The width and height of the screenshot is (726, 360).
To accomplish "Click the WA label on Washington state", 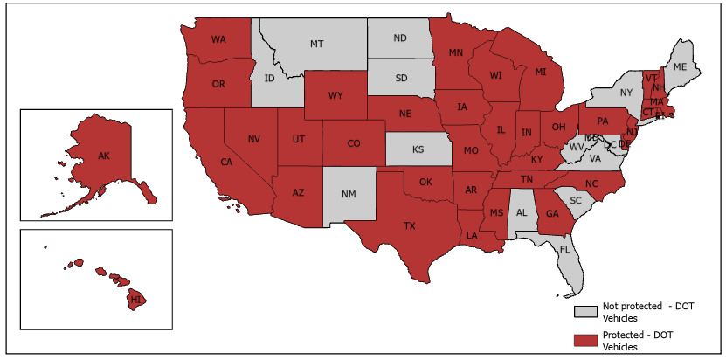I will click(x=218, y=39).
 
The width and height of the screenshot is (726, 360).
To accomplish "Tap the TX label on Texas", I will click(x=409, y=225).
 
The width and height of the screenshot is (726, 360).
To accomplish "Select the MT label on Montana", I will click(x=316, y=43).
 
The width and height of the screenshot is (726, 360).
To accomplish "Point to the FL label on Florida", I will click(x=564, y=249).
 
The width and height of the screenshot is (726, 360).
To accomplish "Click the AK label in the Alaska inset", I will click(x=103, y=156).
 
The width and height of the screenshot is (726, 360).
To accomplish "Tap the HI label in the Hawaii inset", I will click(x=135, y=299).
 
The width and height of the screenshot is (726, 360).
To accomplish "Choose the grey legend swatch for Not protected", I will click(x=585, y=312).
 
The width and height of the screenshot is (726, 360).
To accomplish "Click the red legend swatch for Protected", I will click(x=585, y=340).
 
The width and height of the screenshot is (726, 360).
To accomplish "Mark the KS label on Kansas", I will click(x=418, y=149).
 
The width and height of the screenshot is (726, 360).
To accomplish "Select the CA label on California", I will click(x=225, y=163).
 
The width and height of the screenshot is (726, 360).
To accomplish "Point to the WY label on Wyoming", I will click(x=335, y=95).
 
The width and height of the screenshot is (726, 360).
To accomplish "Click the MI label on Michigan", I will click(x=541, y=71).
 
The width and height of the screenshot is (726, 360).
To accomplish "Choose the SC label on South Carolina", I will click(x=575, y=200).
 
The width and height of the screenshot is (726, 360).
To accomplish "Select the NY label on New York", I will click(x=626, y=92).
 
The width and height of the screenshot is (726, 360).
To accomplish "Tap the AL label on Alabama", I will click(x=522, y=212).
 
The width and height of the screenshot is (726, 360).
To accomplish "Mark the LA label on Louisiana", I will click(x=472, y=236).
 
